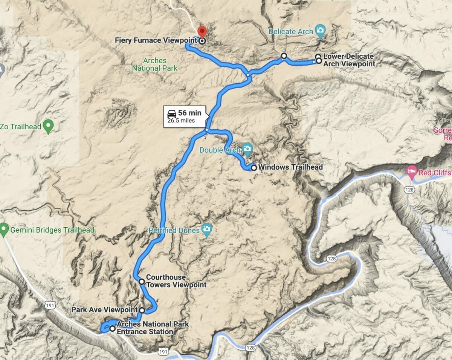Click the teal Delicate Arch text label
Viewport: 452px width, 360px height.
point(290,32)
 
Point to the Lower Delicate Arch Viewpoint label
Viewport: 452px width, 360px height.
point(349,60)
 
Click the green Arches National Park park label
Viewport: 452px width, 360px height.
point(155,64)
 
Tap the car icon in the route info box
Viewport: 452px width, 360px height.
point(171,113)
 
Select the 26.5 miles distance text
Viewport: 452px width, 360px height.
point(181,121)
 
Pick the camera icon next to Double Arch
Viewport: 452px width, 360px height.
point(247,149)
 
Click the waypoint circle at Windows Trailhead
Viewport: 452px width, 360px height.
point(253,168)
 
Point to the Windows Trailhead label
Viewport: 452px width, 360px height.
point(291,167)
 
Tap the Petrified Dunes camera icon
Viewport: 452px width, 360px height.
point(206,230)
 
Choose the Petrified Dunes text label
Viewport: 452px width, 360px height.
point(174,230)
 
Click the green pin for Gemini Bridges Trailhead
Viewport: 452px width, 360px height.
point(4,229)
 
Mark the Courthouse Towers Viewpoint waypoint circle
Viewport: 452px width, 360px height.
point(141,282)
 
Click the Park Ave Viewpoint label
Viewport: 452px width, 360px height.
point(104,310)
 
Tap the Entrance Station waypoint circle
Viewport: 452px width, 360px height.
point(112,329)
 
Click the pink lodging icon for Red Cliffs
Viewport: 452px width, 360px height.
point(412,172)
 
